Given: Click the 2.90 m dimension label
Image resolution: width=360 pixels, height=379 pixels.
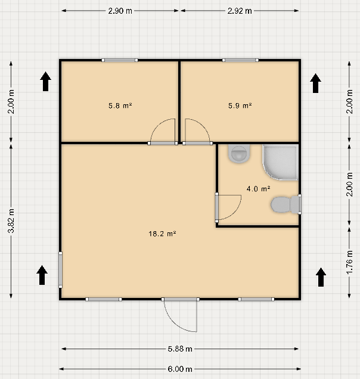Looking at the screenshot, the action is [120, 11].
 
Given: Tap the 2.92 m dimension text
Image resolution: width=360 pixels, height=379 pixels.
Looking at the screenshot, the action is [240, 11].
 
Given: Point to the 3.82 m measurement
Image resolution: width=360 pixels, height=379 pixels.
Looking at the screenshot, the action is [11, 221].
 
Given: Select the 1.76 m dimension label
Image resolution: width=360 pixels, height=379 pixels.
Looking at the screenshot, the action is [349, 262].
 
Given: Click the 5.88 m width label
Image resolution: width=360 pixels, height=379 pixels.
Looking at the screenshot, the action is [180, 349].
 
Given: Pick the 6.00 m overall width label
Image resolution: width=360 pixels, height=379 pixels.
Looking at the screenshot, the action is [180, 369].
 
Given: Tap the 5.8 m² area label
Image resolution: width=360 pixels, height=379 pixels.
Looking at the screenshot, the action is [120, 105].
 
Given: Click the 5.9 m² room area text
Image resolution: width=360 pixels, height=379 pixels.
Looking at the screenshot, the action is [240, 105].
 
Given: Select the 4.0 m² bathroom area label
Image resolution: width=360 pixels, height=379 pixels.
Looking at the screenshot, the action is [258, 189].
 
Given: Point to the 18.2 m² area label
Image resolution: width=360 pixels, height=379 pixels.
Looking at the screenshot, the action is [162, 234].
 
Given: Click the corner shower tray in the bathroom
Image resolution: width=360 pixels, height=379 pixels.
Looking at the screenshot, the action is [281, 162].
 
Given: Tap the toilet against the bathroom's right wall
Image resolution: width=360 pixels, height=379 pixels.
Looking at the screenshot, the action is [285, 205].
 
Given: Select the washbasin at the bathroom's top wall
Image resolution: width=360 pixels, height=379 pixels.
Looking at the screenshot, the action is [238, 154].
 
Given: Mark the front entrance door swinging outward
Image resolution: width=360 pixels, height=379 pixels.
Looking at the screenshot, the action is [181, 315].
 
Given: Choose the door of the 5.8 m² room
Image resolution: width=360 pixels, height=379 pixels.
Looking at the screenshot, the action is [163, 132].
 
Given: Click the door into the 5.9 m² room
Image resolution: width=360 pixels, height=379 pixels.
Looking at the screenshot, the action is [197, 132].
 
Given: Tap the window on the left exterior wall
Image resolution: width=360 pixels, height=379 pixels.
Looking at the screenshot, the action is [60, 270].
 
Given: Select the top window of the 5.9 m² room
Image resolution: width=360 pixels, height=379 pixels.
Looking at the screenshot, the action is [240, 60].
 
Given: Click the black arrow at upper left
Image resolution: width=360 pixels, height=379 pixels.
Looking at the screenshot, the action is [45, 82].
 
